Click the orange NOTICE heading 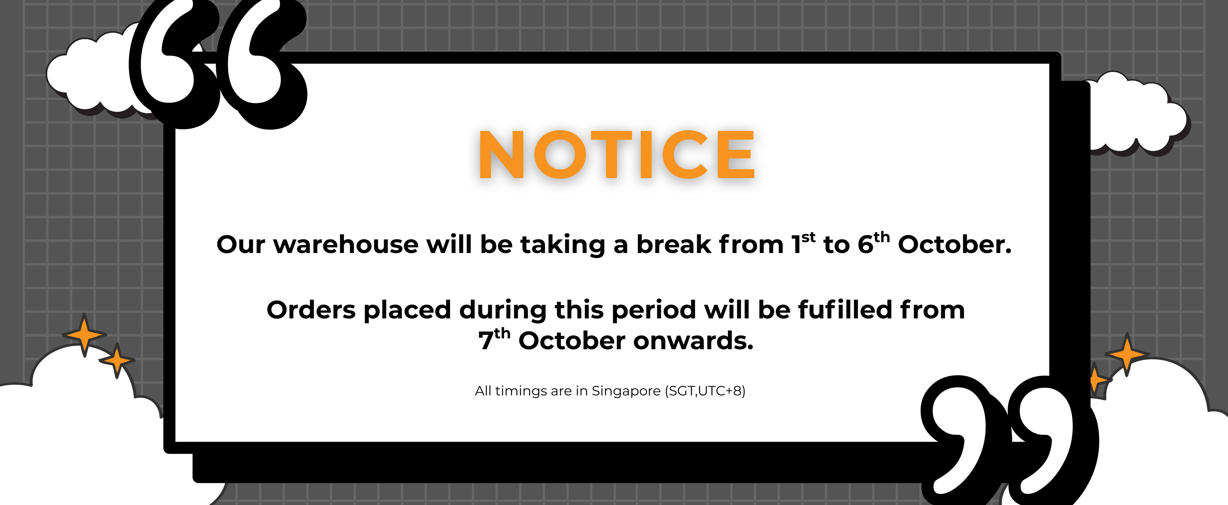617,154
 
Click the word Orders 311,310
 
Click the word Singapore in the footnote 626,391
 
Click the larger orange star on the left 84,335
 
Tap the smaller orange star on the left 117,360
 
